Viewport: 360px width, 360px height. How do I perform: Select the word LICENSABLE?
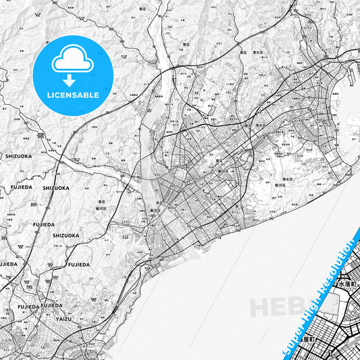73,95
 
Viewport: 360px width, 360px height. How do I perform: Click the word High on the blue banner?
314,305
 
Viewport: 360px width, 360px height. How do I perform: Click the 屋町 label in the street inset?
311,340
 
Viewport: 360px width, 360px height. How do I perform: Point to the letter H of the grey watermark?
260,307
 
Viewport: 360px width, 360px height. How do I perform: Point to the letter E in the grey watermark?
278,307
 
